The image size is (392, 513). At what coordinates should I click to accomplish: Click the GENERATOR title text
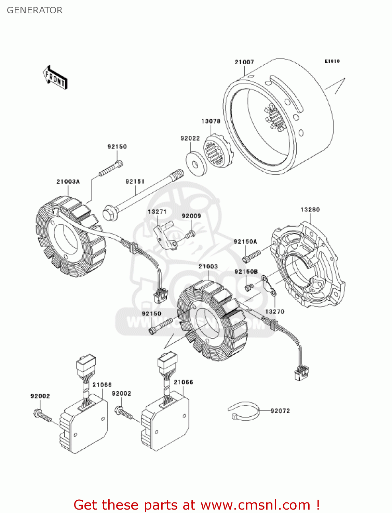click(x=35, y=10)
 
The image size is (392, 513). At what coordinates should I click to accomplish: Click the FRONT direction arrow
click(x=55, y=78)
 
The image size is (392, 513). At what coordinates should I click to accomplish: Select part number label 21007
click(x=244, y=62)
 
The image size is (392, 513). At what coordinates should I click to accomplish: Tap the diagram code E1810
click(x=332, y=61)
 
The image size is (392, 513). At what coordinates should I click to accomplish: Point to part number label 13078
click(x=211, y=121)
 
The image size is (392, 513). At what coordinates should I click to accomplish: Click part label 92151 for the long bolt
click(x=135, y=181)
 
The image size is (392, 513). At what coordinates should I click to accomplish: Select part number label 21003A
click(x=68, y=181)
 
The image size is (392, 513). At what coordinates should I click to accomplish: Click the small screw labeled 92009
click(x=190, y=235)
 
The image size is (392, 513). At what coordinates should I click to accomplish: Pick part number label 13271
click(x=157, y=212)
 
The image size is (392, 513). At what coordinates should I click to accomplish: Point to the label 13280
click(x=310, y=210)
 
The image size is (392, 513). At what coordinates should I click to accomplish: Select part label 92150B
click(x=246, y=272)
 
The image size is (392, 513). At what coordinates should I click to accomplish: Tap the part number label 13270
click(x=274, y=312)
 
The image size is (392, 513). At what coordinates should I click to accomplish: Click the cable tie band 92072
click(x=244, y=411)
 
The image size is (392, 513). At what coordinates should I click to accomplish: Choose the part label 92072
click(x=280, y=411)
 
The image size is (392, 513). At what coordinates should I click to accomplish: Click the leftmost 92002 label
click(x=40, y=396)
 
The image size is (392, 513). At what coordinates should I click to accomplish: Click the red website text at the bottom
click(x=197, y=505)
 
